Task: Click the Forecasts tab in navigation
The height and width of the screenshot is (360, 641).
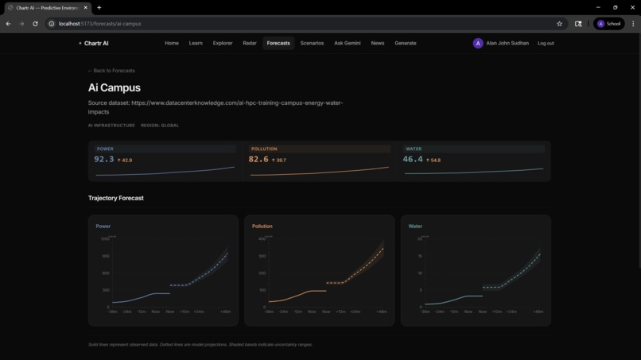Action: coord(278,43)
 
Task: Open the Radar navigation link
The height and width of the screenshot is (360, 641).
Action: coord(250,43)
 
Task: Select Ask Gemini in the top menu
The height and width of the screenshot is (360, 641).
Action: coord(348,43)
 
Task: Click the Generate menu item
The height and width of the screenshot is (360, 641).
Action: coord(406,43)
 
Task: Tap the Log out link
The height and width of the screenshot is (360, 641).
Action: coord(546,43)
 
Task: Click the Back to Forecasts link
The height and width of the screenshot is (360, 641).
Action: coord(111,71)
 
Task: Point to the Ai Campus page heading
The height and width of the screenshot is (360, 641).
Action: coord(115,87)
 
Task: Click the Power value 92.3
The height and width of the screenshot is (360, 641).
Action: coord(104,160)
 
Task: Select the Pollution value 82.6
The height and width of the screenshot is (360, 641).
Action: coord(258,160)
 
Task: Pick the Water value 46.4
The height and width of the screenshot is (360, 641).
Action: coord(413,160)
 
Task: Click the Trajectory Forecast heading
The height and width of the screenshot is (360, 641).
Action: coord(116,198)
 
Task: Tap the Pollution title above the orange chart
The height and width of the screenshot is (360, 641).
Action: coord(262,226)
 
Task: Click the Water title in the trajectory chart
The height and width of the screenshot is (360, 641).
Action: coord(415,226)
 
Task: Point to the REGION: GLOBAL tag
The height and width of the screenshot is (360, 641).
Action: coord(160,126)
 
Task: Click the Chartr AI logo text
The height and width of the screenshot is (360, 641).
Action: coord(95,43)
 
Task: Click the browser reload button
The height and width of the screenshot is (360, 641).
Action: coord(35,24)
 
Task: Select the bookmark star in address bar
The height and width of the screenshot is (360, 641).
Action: coord(559,24)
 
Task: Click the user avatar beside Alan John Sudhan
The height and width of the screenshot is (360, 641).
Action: coord(478,43)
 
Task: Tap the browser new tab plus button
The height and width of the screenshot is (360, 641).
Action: coord(99,7)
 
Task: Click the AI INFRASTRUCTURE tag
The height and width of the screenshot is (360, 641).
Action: coord(111,126)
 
